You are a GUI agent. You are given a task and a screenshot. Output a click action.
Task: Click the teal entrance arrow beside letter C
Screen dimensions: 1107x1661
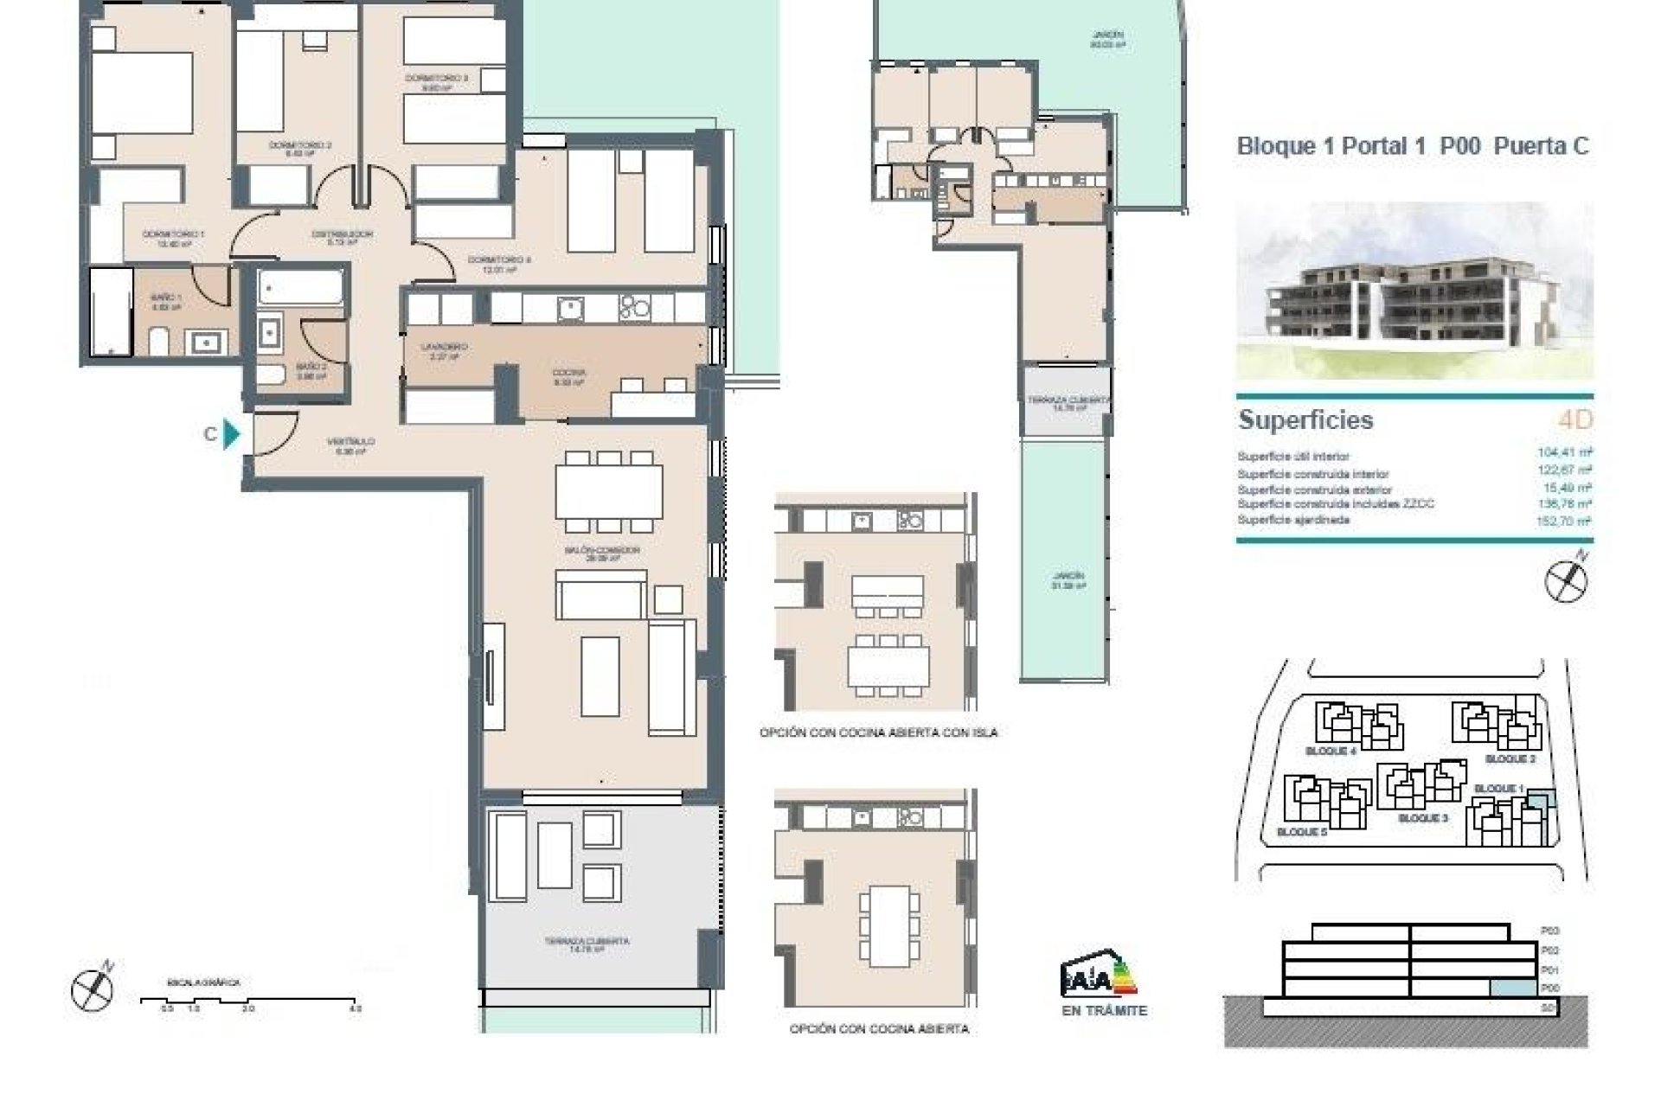[x=231, y=433]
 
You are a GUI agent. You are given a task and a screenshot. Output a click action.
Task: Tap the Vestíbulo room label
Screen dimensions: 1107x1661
[x=350, y=445]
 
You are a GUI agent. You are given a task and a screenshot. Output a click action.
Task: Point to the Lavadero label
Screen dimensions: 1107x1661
[x=444, y=350]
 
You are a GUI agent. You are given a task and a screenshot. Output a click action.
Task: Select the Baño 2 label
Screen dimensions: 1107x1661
[x=311, y=370]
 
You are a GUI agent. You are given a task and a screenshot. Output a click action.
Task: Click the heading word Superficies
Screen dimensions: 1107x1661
[x=1305, y=420]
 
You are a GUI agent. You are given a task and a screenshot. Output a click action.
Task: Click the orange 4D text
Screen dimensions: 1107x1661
[x=1574, y=420]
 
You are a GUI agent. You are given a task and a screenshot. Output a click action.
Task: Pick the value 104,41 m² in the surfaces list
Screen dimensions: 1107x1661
[x=1564, y=452]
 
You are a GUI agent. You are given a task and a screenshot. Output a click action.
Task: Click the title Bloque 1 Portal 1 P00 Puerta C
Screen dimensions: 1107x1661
[x=1413, y=146]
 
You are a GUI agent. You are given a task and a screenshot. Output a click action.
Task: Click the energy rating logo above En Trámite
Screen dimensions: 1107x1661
[x=1099, y=977]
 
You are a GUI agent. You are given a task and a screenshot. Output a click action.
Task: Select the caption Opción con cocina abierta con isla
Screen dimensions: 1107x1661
[x=878, y=733]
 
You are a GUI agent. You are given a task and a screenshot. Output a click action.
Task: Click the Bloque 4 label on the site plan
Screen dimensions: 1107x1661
[x=1330, y=752]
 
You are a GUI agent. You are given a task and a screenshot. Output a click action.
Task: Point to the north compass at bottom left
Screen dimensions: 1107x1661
[x=93, y=989]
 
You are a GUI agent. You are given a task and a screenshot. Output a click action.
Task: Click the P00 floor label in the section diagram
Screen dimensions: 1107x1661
[x=1549, y=989]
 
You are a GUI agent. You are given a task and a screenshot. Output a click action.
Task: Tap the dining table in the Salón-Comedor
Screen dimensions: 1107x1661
[x=609, y=491]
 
